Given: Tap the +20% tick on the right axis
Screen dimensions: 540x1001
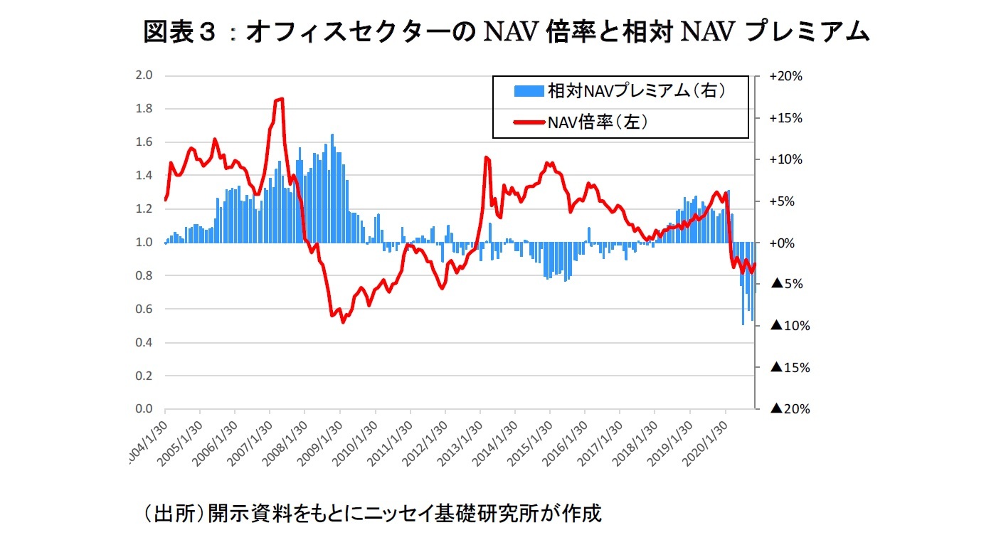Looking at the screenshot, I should pos(785,76).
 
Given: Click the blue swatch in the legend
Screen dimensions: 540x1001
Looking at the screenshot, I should pos(529,92).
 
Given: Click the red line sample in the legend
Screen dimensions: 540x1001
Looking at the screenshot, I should pos(529,122).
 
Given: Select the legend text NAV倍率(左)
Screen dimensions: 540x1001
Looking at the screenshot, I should pos(596,122).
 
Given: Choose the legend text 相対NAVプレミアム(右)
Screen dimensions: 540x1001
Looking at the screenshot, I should pos(636,92).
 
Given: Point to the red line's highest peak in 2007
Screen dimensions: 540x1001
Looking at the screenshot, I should pos(282,99).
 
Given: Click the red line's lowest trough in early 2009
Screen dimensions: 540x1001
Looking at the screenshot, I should pos(343,322).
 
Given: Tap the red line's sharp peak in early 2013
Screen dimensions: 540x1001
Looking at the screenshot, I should pos(486,157).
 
